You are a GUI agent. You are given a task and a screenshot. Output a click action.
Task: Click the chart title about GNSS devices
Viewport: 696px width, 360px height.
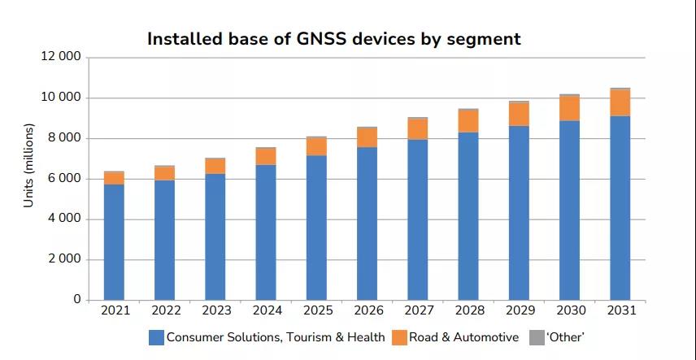coord(333,38)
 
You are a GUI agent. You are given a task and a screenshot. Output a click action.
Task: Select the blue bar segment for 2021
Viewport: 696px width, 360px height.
coord(114,242)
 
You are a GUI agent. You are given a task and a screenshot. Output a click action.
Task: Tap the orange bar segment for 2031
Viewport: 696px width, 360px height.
coord(620,102)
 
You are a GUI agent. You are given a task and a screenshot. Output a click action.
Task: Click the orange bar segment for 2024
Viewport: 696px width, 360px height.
coord(266,156)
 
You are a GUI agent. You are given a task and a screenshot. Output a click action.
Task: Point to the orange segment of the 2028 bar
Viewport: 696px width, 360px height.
coord(468,120)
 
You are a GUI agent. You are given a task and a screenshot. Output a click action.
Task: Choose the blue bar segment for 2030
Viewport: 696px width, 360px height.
coord(569,210)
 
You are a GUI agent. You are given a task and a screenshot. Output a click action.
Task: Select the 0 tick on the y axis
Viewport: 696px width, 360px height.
coord(77,300)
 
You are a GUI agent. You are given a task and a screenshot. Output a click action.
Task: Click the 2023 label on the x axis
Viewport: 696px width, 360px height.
coord(215,310)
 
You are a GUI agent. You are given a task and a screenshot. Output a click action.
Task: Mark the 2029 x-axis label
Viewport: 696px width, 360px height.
coord(519,310)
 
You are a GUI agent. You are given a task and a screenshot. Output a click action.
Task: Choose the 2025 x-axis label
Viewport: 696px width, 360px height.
coord(316,310)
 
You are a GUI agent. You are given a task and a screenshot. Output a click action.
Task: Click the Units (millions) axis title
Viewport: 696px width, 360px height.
coord(29,165)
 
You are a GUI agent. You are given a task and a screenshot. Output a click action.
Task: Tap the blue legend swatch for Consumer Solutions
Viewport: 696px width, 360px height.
coord(156,337)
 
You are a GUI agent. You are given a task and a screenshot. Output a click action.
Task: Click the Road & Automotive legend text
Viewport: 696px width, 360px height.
coord(465,337)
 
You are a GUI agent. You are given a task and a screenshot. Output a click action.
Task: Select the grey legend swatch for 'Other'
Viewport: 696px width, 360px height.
coord(537,337)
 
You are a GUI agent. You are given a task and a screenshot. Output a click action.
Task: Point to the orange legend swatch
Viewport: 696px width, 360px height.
coord(399,337)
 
